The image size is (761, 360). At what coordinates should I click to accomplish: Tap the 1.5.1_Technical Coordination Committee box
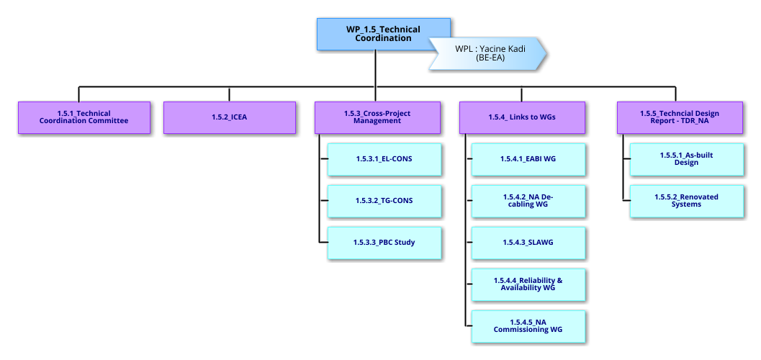pyautogui.click(x=84, y=117)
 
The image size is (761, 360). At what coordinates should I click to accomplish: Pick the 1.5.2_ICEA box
pyautogui.click(x=229, y=117)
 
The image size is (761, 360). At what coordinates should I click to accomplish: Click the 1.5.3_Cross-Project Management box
pyautogui.click(x=377, y=117)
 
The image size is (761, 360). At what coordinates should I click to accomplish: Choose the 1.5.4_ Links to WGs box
pyautogui.click(x=523, y=117)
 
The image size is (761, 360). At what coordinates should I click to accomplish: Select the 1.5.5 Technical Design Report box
pyautogui.click(x=680, y=117)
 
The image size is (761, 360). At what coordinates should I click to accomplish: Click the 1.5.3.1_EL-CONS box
pyautogui.click(x=384, y=159)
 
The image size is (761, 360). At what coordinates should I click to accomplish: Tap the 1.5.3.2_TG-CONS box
pyautogui.click(x=384, y=201)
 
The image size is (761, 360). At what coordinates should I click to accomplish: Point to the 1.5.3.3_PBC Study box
pyautogui.click(x=384, y=243)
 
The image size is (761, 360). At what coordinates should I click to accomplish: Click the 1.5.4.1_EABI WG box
pyautogui.click(x=528, y=159)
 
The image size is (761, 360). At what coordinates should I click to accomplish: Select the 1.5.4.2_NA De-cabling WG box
pyautogui.click(x=528, y=201)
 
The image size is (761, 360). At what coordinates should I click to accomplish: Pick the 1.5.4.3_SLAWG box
pyautogui.click(x=528, y=243)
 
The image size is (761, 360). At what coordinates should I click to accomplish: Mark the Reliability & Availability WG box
pyautogui.click(x=528, y=284)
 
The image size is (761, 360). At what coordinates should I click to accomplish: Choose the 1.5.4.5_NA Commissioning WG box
pyautogui.click(x=528, y=326)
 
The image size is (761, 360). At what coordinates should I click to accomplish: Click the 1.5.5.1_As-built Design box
pyautogui.click(x=686, y=159)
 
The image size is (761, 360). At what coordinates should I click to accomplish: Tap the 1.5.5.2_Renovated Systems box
pyautogui.click(x=686, y=201)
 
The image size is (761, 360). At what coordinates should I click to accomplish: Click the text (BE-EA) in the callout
pyautogui.click(x=490, y=58)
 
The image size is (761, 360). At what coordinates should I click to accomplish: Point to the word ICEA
pyautogui.click(x=238, y=117)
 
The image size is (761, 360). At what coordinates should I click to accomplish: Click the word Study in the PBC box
pyautogui.click(x=403, y=243)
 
